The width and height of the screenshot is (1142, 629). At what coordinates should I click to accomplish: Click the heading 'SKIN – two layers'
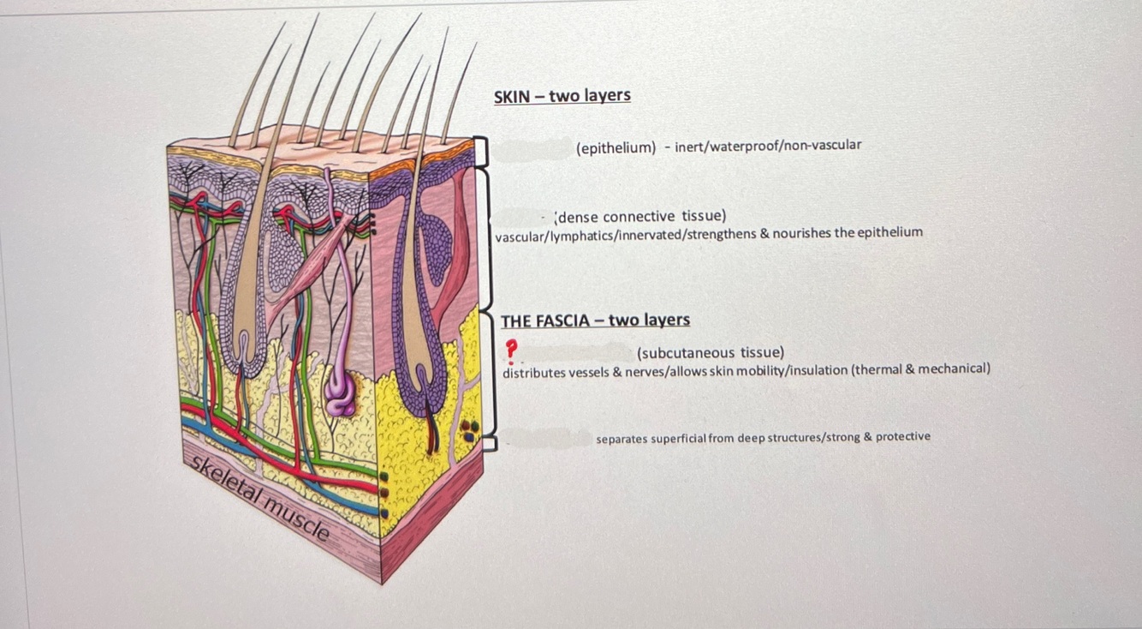pos(562,96)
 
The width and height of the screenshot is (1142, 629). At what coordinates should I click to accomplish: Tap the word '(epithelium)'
pos(616,148)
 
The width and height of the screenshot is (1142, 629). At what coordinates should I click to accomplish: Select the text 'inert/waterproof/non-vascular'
pos(768,145)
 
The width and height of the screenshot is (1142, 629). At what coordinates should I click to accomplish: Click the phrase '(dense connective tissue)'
pos(641,216)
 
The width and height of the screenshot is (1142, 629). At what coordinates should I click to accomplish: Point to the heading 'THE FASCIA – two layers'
pos(595,320)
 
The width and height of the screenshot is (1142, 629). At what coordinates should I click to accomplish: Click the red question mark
pos(511,349)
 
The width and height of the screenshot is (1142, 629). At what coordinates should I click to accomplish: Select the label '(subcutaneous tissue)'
pos(710,352)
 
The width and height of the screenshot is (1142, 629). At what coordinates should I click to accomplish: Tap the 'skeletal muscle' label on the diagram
pos(260,499)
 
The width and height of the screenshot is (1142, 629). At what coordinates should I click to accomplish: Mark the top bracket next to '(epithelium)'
pos(481,151)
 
